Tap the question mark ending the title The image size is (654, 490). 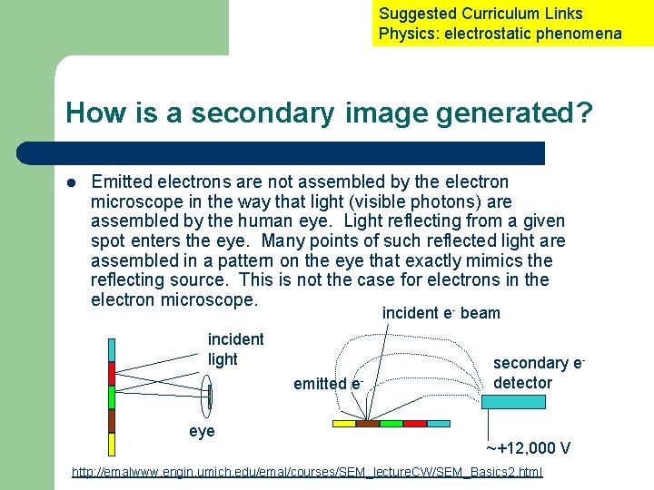[584, 113]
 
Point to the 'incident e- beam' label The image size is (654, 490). [441, 313]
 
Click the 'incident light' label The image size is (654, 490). [235, 349]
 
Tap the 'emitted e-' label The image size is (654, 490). [328, 384]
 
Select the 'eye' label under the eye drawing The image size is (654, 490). [202, 431]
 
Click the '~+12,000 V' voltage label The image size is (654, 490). [527, 448]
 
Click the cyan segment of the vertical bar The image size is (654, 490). [112, 350]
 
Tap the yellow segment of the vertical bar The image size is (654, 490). [112, 444]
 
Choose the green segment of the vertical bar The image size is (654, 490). [112, 397]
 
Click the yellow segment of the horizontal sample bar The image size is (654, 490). [344, 423]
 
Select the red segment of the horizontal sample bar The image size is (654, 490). [415, 423]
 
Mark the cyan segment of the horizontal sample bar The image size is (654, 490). [439, 423]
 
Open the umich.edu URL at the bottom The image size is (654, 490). [307, 474]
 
